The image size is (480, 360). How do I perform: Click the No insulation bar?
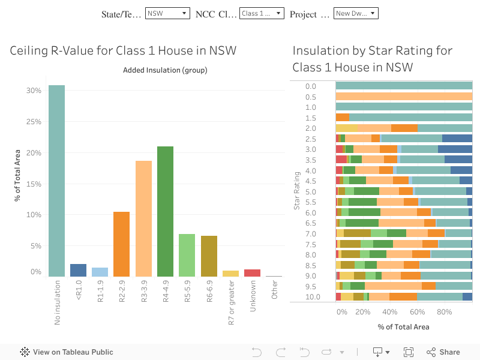pyautogui.click(x=56, y=181)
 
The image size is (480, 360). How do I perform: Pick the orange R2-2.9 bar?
pyautogui.click(x=122, y=244)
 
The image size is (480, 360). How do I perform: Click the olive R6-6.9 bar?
pyautogui.click(x=209, y=256)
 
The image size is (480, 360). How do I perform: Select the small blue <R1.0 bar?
pyautogui.click(x=78, y=270)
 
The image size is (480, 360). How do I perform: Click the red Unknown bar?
pyautogui.click(x=252, y=273)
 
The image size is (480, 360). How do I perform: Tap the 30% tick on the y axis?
pyautogui.click(x=34, y=91)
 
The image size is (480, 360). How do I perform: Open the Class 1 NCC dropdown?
pyautogui.click(x=262, y=13)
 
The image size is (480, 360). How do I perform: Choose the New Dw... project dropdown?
pyautogui.click(x=356, y=13)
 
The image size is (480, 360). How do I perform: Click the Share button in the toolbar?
pyautogui.click(x=443, y=352)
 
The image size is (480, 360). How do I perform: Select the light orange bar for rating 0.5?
pyautogui.click(x=404, y=96)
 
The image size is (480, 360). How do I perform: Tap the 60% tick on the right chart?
pyautogui.click(x=418, y=312)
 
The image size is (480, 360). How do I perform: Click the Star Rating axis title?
pyautogui.click(x=296, y=191)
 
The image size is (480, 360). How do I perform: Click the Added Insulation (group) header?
pyautogui.click(x=165, y=70)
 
